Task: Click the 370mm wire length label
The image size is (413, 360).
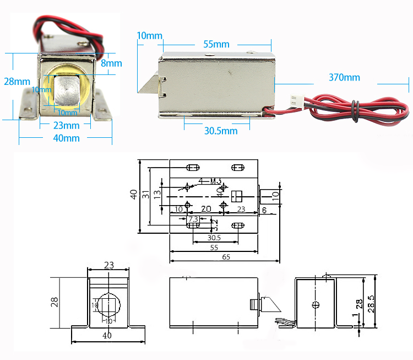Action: click(344, 77)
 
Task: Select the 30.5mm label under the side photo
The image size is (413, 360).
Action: click(221, 131)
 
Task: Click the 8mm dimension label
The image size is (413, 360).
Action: click(111, 63)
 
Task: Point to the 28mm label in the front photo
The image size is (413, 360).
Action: click(17, 82)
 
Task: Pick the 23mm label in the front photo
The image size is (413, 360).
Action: click(66, 126)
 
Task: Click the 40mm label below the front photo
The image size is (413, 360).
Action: click(66, 138)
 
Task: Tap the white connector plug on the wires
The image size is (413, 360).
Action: click(295, 101)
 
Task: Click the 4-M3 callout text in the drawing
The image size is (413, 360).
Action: click(209, 181)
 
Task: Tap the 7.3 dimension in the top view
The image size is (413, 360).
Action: click(193, 219)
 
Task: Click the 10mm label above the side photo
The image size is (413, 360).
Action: click(149, 36)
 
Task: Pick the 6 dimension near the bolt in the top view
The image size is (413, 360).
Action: click(264, 210)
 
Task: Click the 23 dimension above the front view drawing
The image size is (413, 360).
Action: click(108, 265)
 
